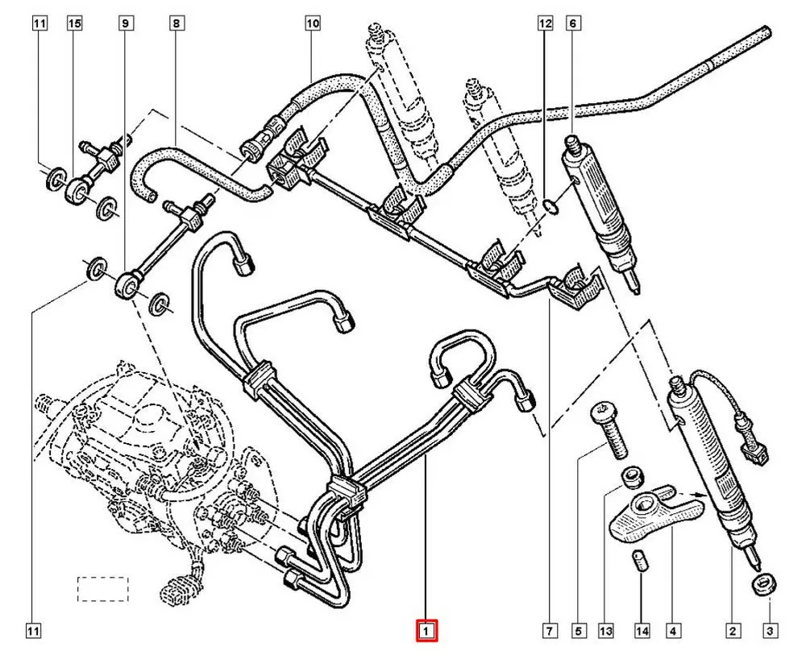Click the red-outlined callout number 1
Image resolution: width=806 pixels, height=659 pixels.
click(x=426, y=630)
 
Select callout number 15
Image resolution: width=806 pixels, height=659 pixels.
click(x=74, y=24)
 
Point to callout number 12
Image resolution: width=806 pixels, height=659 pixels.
click(x=546, y=24)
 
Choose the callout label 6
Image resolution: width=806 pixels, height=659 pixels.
click(x=573, y=24)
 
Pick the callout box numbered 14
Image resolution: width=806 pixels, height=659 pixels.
click(x=641, y=630)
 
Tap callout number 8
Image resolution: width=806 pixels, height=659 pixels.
click(x=176, y=24)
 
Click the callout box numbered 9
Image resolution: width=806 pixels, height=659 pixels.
click(x=125, y=24)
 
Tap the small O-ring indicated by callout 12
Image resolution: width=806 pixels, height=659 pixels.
click(x=550, y=207)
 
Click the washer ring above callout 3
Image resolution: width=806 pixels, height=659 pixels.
click(x=763, y=584)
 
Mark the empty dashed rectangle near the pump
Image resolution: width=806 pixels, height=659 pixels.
click(x=102, y=589)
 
